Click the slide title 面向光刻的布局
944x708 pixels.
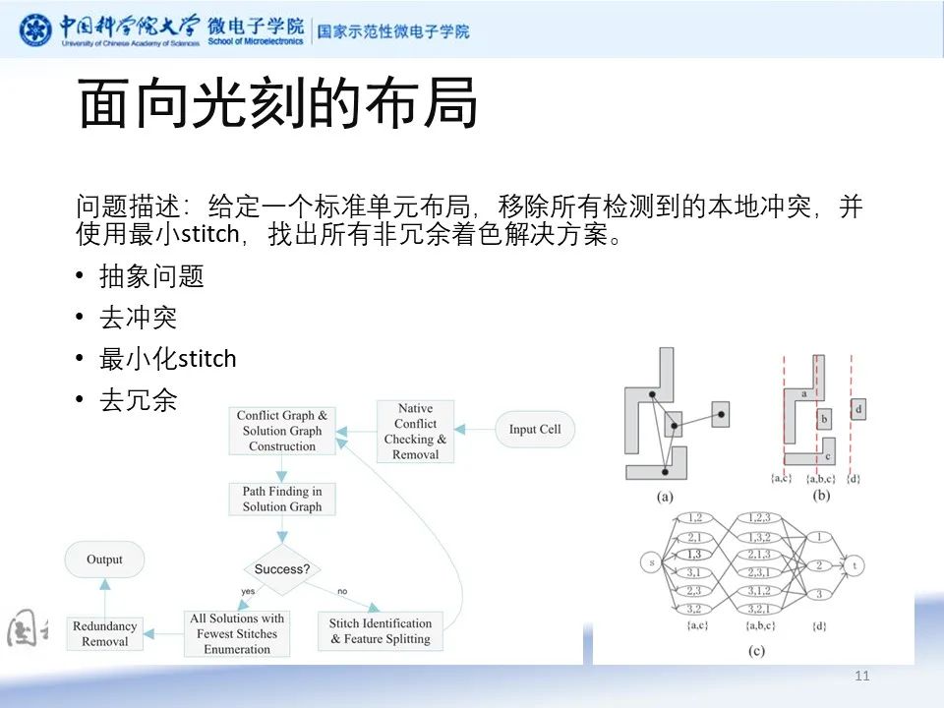click(x=277, y=105)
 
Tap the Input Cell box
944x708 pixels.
click(x=535, y=430)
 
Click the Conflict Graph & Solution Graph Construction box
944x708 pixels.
click(x=282, y=431)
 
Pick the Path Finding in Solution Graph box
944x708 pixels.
click(x=282, y=499)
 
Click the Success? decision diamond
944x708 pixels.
click(x=282, y=569)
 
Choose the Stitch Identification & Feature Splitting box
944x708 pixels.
click(x=381, y=631)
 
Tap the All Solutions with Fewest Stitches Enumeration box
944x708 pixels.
click(x=237, y=633)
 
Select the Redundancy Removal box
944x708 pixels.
click(x=105, y=633)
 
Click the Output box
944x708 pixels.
click(x=104, y=560)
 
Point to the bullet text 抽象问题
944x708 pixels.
click(x=151, y=277)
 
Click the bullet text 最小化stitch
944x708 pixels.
click(x=168, y=359)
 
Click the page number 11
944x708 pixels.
click(x=863, y=676)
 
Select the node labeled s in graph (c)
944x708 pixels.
click(x=651, y=562)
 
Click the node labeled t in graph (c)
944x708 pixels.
click(x=857, y=565)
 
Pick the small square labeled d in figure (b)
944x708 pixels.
click(x=858, y=409)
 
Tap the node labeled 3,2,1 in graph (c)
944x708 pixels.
click(x=759, y=609)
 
